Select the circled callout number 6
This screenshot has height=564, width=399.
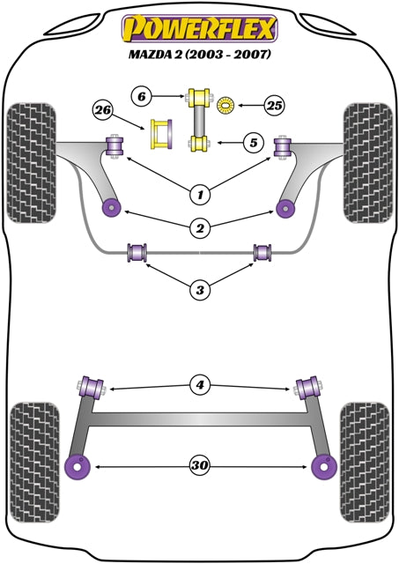tap(142, 94)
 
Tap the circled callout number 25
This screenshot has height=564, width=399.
tap(276, 107)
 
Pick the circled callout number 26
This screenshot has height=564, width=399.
tap(102, 110)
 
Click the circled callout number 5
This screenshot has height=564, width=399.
tap(254, 141)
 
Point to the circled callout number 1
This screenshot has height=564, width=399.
tap(200, 193)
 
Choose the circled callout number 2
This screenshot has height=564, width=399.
tap(200, 228)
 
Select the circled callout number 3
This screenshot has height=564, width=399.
tap(200, 288)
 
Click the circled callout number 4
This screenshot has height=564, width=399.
tap(200, 384)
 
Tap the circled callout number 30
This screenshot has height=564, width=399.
tap(200, 464)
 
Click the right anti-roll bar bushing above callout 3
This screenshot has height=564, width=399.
tap(262, 253)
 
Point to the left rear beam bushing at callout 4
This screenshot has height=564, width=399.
tap(92, 386)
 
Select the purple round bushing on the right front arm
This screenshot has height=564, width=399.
tap(284, 208)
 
